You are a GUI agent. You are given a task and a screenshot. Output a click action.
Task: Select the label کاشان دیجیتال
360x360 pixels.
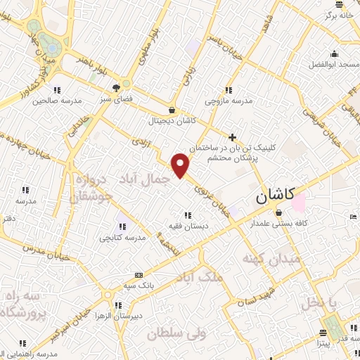click(x=172, y=121)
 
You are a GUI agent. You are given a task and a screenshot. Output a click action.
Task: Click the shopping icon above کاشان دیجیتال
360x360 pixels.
click(x=172, y=110)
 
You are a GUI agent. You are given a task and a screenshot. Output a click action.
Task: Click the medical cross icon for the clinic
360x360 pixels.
click(x=233, y=136)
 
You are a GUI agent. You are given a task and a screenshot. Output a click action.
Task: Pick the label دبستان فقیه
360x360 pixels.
click(x=186, y=226)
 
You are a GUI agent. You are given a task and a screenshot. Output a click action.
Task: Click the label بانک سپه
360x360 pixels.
click(x=139, y=285)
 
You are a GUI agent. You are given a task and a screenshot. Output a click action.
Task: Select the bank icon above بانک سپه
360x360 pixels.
click(x=139, y=275)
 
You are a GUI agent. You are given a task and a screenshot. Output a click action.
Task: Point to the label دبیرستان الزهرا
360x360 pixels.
click(x=117, y=316)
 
